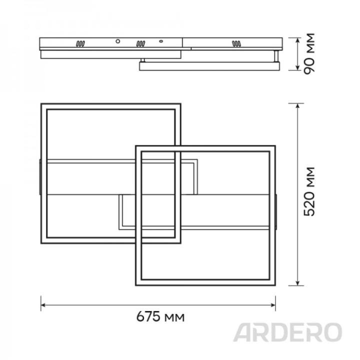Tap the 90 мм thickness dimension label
click(x=310, y=53)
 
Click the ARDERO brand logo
click(x=288, y=332)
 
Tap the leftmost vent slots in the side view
click(x=80, y=44)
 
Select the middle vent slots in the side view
click(x=141, y=44)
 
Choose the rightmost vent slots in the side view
click(x=236, y=44)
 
